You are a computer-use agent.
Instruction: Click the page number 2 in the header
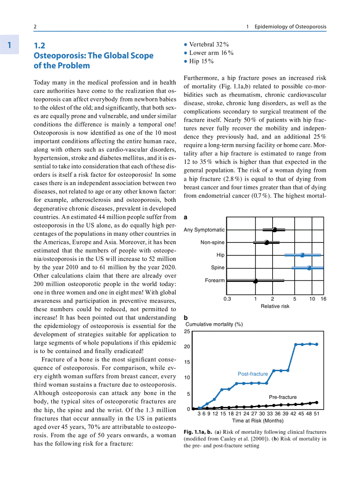click(35, 27)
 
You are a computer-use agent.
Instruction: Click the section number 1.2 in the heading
click(40, 45)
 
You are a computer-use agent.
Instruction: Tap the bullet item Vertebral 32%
click(209, 45)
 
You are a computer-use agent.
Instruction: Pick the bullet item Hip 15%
click(202, 61)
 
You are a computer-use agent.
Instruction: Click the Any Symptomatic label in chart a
click(204, 230)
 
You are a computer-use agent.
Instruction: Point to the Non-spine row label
click(212, 242)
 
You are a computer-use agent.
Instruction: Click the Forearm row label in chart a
click(215, 280)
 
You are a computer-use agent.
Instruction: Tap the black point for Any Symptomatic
click(274, 230)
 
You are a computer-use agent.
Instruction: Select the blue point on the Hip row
click(302, 255)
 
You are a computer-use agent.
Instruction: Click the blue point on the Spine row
click(309, 268)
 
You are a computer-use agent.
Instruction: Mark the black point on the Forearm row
click(255, 281)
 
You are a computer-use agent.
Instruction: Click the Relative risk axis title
click(275, 306)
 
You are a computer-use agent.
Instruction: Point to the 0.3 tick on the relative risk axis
click(227, 299)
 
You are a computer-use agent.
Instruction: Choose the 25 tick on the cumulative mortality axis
click(187, 331)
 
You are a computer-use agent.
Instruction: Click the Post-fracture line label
click(253, 374)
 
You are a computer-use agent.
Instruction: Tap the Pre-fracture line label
click(283, 397)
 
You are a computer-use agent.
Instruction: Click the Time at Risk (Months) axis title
click(258, 421)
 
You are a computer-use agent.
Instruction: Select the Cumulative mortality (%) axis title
click(214, 324)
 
